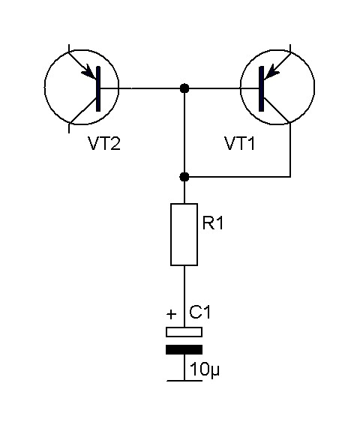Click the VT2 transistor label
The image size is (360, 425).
coord(104,143)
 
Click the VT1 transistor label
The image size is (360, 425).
coord(240,143)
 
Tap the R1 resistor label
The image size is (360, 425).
coord(213,223)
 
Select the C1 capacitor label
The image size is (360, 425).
coord(199,312)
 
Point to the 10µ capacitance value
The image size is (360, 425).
coord(205,370)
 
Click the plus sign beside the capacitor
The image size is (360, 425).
coord(171,314)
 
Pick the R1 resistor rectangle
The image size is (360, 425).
coord(184,235)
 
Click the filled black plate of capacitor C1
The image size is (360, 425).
coord(184,349)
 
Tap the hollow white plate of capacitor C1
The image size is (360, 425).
coord(184,332)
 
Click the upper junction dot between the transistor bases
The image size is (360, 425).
coord(184,88)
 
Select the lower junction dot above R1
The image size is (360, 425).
coord(184,177)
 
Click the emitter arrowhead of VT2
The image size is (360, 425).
coord(90,72)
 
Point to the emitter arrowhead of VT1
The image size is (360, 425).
coord(271,72)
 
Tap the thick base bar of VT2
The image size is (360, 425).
coord(98,88)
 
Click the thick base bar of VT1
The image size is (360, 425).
coord(262,88)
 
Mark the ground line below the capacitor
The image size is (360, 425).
coord(184,381)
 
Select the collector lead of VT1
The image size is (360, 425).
coord(277,111)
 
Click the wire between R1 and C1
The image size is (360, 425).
coord(184,296)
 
